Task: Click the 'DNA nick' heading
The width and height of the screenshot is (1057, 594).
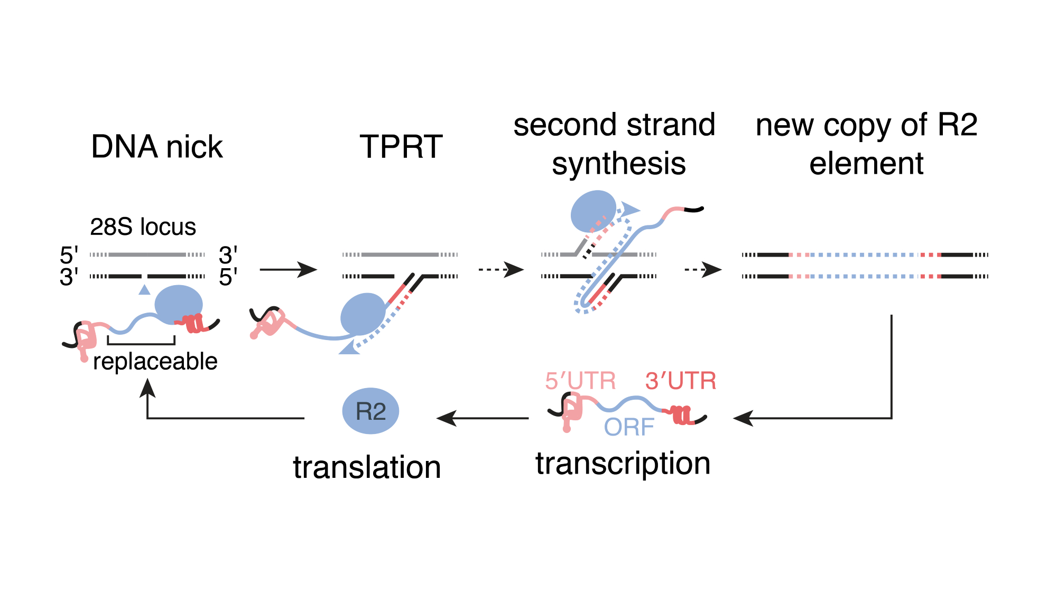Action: point(157,147)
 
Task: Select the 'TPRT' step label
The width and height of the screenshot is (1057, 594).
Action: point(401,147)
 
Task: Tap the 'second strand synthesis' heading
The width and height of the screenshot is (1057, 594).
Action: point(615,144)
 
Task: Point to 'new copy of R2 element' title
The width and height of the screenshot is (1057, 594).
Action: point(866,144)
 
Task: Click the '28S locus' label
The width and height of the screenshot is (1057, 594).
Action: point(143,227)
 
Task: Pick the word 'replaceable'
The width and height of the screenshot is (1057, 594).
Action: point(155,362)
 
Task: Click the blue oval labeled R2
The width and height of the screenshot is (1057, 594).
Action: point(370,411)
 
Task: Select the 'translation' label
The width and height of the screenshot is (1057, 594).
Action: point(367,467)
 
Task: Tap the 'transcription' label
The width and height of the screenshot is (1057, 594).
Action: point(623,464)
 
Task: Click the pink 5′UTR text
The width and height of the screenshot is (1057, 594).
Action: point(580,381)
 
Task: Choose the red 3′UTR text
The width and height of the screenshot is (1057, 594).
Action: point(681,381)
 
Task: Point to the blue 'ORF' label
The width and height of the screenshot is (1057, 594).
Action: point(629,427)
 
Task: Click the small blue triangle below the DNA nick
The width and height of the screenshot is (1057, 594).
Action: point(144,289)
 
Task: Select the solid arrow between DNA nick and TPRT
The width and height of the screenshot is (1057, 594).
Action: point(288,270)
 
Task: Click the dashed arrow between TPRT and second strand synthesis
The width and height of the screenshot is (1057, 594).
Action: point(500,270)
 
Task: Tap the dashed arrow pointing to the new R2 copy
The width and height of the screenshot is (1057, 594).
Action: point(703,270)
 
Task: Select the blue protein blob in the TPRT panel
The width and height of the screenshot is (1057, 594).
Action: point(363,314)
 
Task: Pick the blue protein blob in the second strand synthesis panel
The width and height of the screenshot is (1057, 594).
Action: point(593,211)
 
